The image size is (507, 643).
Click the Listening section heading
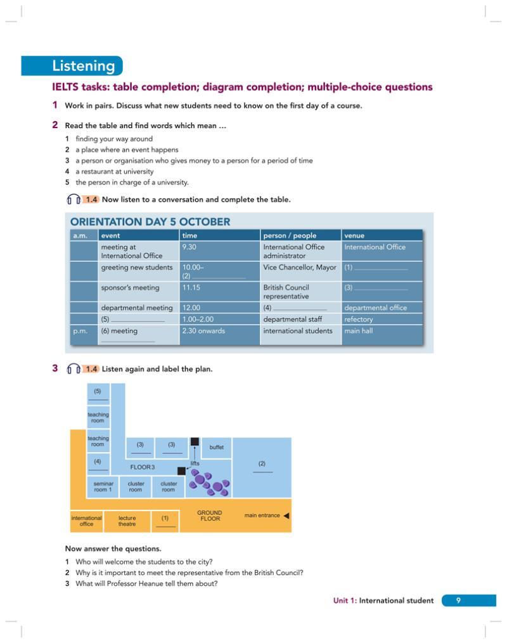[x=84, y=66]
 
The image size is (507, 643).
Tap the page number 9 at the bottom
[x=458, y=601]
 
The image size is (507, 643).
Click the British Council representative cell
[x=286, y=292]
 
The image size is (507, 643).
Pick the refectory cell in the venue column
[x=359, y=320]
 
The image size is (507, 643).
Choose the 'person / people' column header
[x=290, y=235]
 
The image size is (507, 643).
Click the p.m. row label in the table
[x=80, y=331]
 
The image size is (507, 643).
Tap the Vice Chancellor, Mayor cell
[x=299, y=268]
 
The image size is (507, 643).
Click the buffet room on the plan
[x=216, y=447]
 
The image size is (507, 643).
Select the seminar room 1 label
[x=103, y=486]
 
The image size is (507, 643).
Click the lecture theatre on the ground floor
[x=127, y=521]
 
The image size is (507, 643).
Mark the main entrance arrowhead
[x=286, y=516]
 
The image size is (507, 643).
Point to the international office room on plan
[x=86, y=521]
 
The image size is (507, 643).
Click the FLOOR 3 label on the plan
[x=142, y=467]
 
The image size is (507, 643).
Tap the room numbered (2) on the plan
[x=262, y=467]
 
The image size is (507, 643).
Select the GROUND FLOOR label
[x=210, y=516]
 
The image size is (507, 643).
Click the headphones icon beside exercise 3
[x=74, y=369]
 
